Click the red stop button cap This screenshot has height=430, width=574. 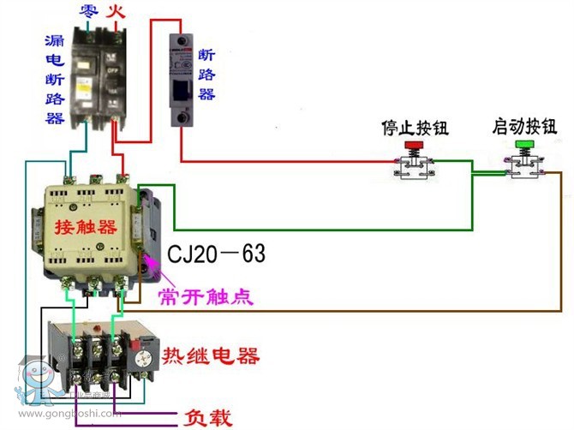[x=415, y=146]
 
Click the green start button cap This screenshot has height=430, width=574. [x=523, y=146]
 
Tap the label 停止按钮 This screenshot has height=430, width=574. [x=415, y=128]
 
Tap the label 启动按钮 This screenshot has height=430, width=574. [x=523, y=127]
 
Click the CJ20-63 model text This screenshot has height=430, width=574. [x=216, y=254]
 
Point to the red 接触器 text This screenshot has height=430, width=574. [x=85, y=227]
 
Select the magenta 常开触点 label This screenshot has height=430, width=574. [x=205, y=296]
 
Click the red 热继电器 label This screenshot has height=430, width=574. [x=210, y=355]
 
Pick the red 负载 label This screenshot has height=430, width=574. [x=208, y=418]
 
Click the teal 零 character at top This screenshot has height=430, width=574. [x=87, y=12]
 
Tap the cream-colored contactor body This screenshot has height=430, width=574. [x=86, y=227]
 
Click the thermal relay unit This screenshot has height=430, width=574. [x=101, y=355]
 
